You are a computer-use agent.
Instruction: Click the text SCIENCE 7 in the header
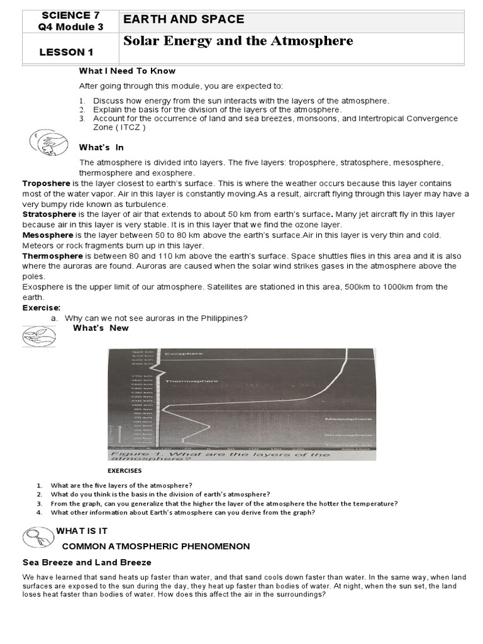pyautogui.click(x=70, y=14)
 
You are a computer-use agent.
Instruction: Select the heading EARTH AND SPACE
pyautogui.click(x=184, y=19)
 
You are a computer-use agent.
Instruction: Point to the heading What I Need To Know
pyautogui.click(x=127, y=71)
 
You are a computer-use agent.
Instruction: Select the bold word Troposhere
pyautogui.click(x=47, y=183)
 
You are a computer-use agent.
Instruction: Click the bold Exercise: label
pyautogui.click(x=42, y=308)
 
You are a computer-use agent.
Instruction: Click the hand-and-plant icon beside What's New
pyautogui.click(x=40, y=336)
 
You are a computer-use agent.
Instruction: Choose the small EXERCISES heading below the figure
pyautogui.click(x=124, y=470)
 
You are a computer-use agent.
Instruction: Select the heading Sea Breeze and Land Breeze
pyautogui.click(x=87, y=562)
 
